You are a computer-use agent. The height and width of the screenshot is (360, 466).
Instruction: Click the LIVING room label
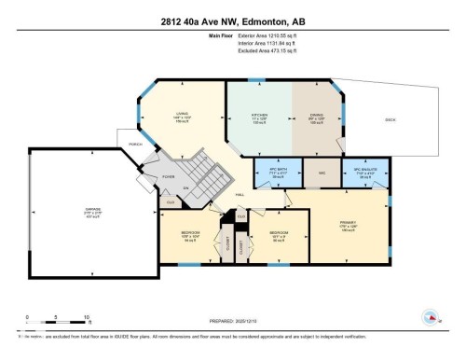(x=183, y=118)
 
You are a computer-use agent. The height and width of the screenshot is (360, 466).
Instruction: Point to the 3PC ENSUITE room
(x=371, y=174)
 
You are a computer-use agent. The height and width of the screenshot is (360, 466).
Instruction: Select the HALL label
(x=240, y=193)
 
